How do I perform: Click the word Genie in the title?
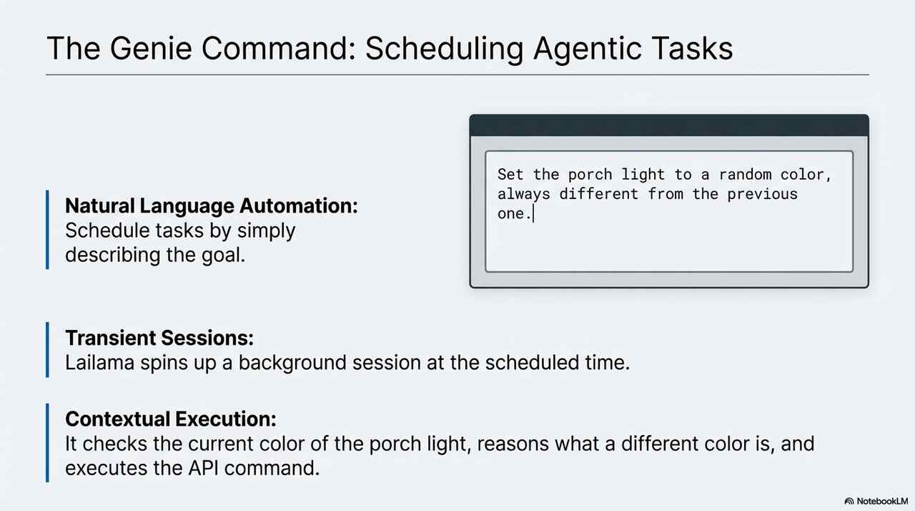[x=151, y=48]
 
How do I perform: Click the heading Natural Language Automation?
[x=211, y=205]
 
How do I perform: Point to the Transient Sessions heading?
[x=159, y=338]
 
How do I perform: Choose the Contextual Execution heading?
[x=171, y=419]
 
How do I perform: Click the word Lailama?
[x=99, y=363]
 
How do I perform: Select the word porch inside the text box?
[x=590, y=175]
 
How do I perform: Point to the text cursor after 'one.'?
[x=533, y=213]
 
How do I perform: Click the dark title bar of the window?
[x=669, y=125]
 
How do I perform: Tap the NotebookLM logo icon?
[x=849, y=501]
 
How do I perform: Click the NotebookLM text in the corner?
[x=882, y=501]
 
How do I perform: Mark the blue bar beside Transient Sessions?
[x=47, y=349]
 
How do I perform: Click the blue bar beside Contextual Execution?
[x=47, y=443]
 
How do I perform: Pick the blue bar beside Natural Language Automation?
[x=47, y=229]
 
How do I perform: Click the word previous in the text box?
[x=762, y=195]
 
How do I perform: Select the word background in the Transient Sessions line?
[x=292, y=364]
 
